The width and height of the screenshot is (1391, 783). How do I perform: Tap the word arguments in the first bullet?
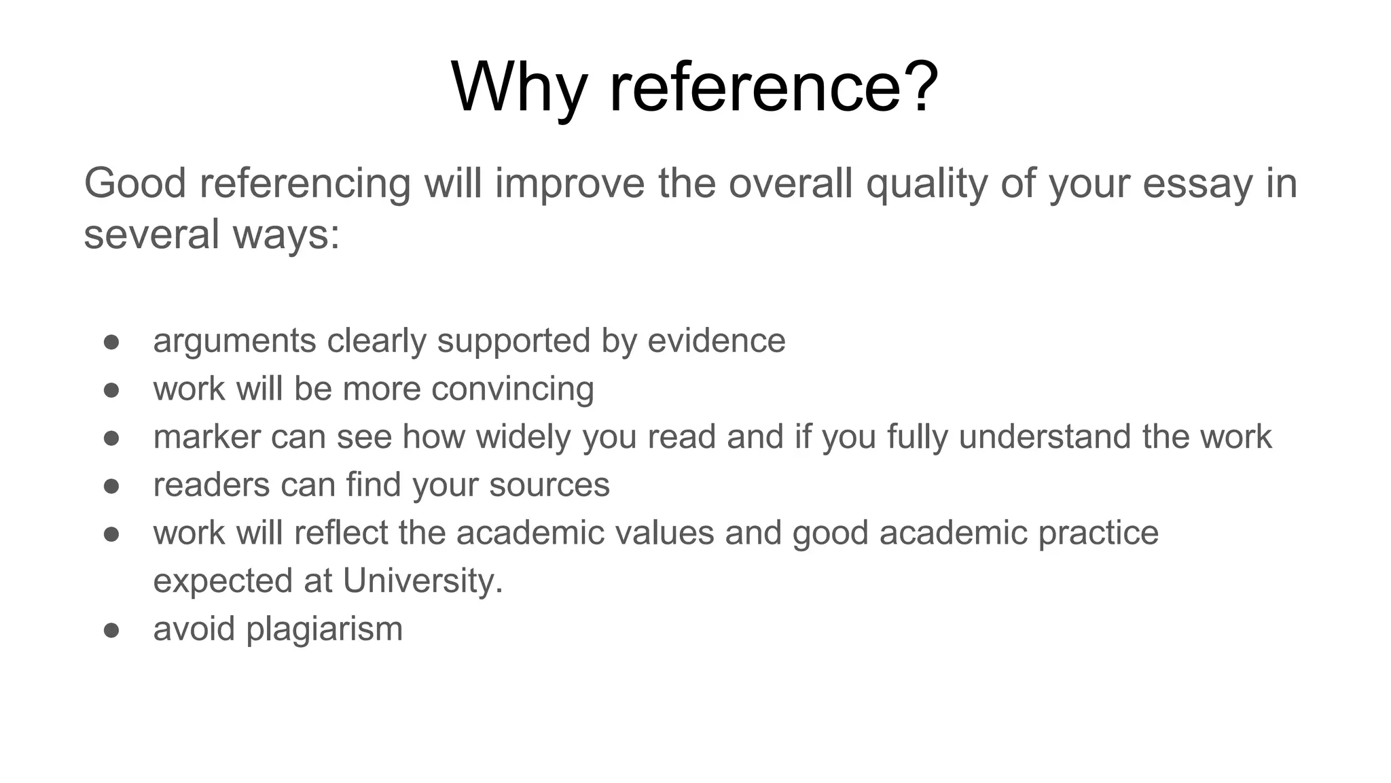234,341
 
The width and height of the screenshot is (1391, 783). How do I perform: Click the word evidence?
717,341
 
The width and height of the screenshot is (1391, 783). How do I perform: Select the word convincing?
512,389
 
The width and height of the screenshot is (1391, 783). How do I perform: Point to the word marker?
206,436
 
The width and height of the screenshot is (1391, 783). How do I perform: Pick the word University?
422,581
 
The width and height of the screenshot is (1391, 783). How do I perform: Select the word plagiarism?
324,629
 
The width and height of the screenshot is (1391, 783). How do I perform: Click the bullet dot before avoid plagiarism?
111,630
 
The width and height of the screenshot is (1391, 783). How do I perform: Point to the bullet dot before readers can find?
111,486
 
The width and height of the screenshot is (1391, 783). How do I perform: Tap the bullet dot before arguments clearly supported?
111,342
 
